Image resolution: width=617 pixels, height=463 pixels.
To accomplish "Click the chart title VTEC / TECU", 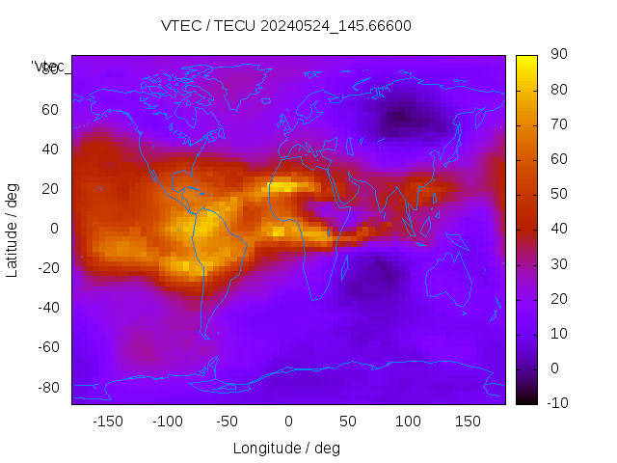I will [286, 26].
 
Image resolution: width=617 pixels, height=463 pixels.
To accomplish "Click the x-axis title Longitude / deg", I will [286, 448].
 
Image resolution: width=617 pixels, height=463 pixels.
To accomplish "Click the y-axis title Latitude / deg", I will [13, 228].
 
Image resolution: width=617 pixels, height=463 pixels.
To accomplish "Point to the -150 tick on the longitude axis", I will [108, 422].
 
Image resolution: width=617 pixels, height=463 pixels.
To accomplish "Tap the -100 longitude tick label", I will [168, 422].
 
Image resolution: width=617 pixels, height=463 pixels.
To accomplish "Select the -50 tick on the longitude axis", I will [228, 422].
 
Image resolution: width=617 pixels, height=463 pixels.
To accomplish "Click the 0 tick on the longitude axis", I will [288, 422].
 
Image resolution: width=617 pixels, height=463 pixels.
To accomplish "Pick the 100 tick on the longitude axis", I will [408, 422].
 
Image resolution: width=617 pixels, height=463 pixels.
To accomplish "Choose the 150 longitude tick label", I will [468, 422].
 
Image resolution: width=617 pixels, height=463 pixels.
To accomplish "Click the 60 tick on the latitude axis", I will [50, 110].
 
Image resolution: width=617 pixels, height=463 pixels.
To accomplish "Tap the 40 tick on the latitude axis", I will [50, 150].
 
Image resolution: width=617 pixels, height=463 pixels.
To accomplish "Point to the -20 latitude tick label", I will [47, 268].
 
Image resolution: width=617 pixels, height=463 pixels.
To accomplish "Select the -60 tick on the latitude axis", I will [47, 347].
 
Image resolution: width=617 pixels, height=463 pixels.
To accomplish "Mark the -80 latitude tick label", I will [47, 387].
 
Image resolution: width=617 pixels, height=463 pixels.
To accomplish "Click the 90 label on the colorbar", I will [558, 55].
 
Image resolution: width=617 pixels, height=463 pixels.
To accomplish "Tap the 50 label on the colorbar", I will [558, 194].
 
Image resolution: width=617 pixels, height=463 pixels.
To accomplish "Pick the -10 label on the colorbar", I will [556, 402].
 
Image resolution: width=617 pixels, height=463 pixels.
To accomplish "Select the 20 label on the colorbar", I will [558, 298].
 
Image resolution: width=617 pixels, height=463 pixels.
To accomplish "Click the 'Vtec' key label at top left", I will [48, 67].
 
